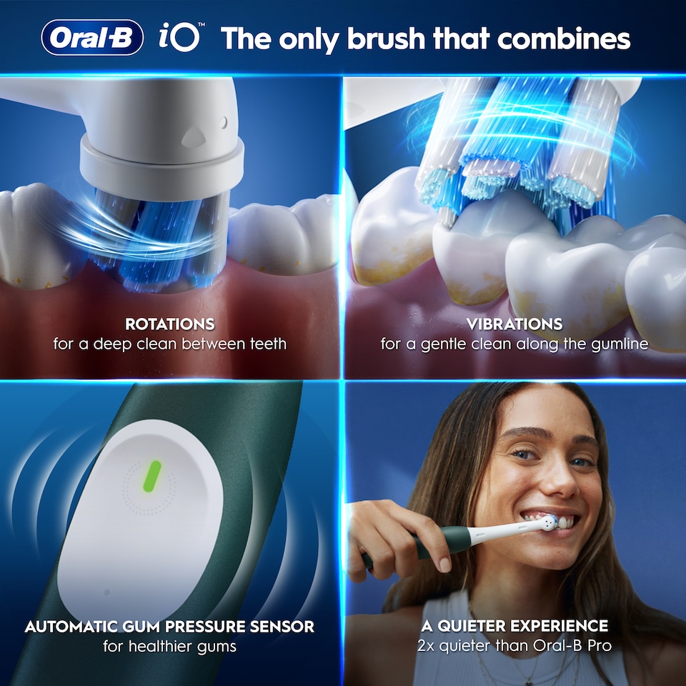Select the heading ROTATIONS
pyautogui.click(x=169, y=324)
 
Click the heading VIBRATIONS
pyautogui.click(x=514, y=324)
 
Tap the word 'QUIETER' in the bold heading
pyautogui.click(x=476, y=627)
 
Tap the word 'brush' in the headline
pyautogui.click(x=378, y=39)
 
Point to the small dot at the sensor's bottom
pyautogui.click(x=107, y=592)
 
